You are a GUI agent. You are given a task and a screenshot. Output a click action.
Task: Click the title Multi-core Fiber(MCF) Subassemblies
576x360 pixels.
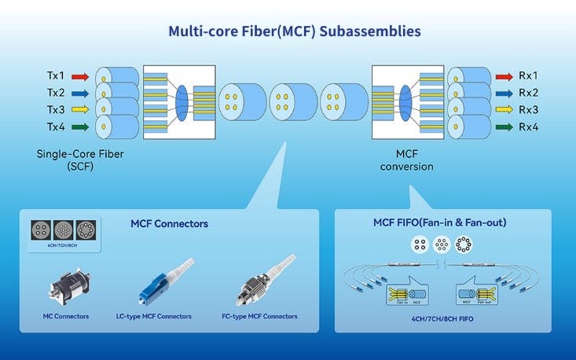[x=295, y=31]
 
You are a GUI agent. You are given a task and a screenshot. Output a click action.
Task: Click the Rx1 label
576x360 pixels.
[x=529, y=77]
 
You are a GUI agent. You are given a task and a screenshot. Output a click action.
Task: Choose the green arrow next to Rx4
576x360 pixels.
[x=504, y=125]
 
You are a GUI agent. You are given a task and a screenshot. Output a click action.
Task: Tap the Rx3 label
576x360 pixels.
[x=529, y=108]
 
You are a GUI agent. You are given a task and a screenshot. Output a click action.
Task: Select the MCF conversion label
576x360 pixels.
[x=406, y=160]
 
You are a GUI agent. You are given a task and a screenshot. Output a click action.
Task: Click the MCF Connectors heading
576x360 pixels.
[x=169, y=224]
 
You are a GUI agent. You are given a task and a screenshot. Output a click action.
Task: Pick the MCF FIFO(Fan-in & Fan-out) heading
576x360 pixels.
[x=439, y=222]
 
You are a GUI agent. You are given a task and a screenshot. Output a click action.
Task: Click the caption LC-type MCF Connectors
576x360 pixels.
[x=154, y=316]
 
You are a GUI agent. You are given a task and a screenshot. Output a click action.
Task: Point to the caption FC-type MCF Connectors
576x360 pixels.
[x=260, y=316]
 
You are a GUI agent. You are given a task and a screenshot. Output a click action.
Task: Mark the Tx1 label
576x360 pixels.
[x=56, y=77]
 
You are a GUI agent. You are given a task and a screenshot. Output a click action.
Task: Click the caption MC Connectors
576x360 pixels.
[x=65, y=316]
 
